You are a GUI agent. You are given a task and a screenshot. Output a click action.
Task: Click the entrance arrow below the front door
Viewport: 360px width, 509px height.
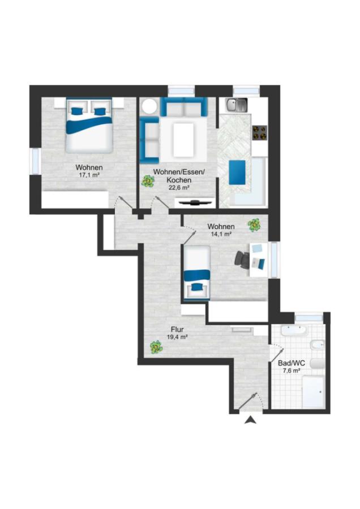click(x=250, y=420)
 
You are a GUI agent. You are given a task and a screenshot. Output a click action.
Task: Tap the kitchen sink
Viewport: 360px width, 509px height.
click(x=236, y=104)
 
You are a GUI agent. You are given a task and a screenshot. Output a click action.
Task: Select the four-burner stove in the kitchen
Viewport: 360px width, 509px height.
click(x=260, y=133)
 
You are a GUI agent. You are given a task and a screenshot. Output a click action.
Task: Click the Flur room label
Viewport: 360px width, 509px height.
click(x=177, y=330)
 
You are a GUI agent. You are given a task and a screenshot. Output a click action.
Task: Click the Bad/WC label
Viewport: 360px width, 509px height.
click(x=292, y=363)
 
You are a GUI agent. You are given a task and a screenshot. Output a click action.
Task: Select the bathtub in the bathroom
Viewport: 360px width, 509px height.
click(x=294, y=331)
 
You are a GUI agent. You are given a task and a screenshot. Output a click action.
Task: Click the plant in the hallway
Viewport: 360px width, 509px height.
click(x=156, y=347)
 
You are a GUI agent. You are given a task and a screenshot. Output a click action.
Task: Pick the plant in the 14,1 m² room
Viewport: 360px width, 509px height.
click(x=254, y=225)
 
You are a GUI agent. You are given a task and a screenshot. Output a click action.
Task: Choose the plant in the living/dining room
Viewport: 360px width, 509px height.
click(x=148, y=181)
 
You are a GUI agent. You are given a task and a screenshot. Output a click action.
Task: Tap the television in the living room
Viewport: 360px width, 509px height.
click(x=195, y=203)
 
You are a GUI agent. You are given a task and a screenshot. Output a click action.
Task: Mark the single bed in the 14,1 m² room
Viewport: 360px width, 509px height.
click(x=196, y=271)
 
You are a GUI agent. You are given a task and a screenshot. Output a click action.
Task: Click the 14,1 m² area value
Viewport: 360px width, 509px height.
click(x=221, y=234)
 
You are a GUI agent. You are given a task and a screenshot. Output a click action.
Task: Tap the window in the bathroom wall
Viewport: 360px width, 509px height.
click(x=308, y=317)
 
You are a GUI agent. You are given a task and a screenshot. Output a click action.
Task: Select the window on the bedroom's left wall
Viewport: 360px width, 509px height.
click(x=35, y=161)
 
